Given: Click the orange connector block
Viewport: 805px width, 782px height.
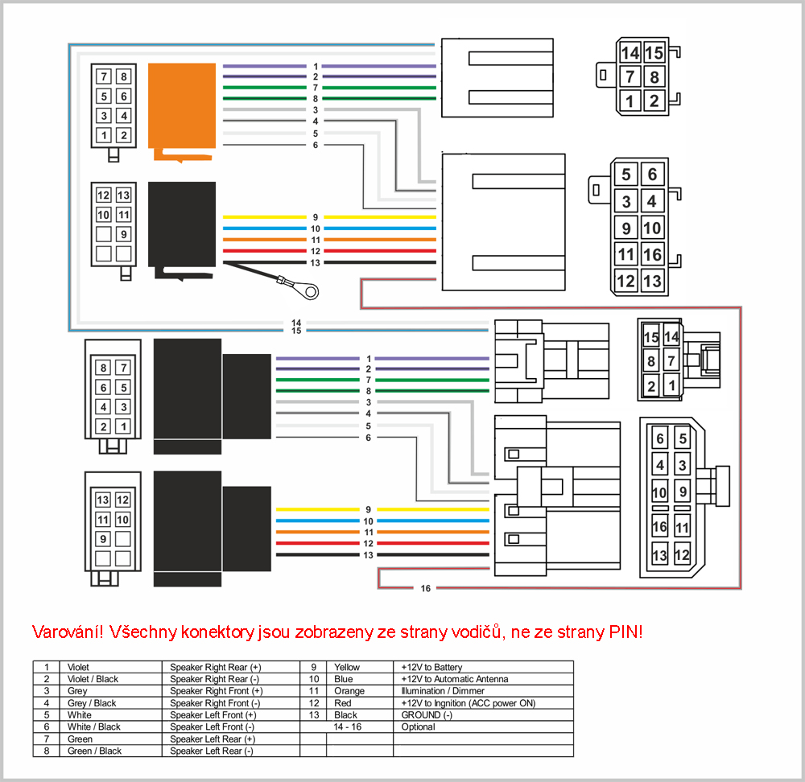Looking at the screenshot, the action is (181, 108).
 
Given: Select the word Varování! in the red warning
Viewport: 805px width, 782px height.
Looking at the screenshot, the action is (68, 632).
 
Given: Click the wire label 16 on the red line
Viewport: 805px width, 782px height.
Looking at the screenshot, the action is (426, 589).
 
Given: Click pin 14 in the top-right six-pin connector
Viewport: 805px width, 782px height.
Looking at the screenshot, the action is (630, 53).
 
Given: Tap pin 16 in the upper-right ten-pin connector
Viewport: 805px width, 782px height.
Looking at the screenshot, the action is (652, 254).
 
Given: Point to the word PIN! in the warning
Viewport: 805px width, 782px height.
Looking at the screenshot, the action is (625, 632).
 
